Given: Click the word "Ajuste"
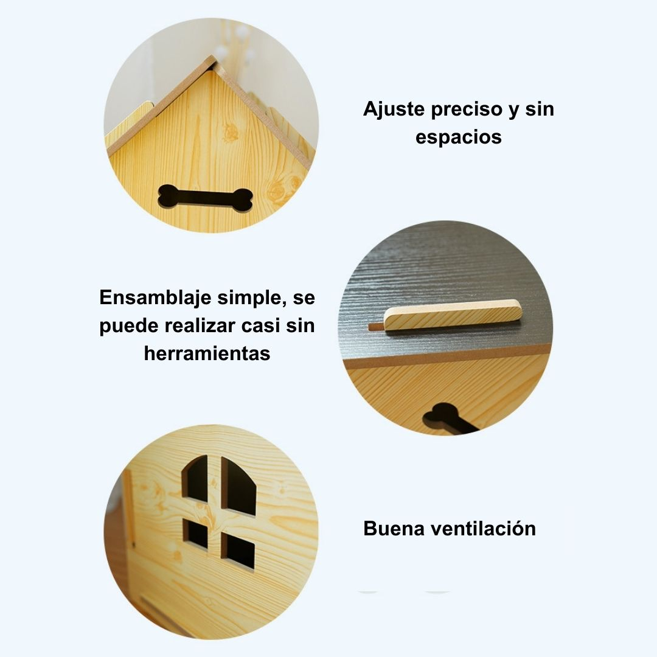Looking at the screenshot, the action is click(394, 109).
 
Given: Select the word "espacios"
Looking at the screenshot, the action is click(459, 137).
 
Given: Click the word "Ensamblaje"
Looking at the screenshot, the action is click(155, 298).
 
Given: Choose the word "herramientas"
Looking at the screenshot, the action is click(207, 353).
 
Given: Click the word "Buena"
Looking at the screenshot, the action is click(394, 529).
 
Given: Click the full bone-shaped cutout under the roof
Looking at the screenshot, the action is click(206, 197).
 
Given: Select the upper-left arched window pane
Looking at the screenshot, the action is click(195, 478).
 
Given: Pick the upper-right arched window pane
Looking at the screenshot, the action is click(238, 486).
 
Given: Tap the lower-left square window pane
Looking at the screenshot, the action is click(195, 534).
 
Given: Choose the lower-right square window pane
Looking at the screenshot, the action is click(238, 551).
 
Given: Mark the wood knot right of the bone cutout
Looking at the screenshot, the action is click(278, 190).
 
